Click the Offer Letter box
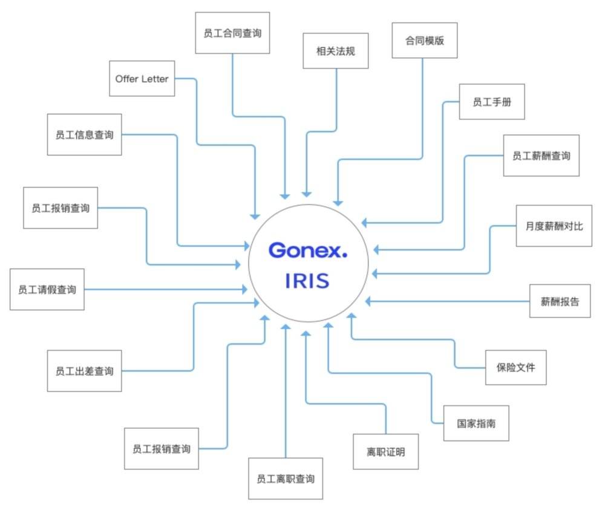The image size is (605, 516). pos(142,78)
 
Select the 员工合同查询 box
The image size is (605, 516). pos(232,33)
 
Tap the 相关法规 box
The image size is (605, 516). pos(336,51)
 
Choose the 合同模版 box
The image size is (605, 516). pos(425,41)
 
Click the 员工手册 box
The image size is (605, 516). pos(492,102)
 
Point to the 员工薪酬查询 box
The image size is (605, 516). pos(541,155)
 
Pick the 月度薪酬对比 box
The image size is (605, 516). pos(554,226)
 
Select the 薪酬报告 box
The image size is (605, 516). pos(560,301)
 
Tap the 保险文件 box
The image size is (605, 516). pos(516,368)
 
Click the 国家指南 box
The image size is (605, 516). pos(476,423)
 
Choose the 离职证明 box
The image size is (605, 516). pos(386,452)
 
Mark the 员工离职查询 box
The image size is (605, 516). pos(286,478)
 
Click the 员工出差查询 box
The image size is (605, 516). pos(85,371)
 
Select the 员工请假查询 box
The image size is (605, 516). pos(47,289)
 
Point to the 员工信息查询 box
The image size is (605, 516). pos(85,134)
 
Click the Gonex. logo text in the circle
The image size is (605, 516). pos(308,250)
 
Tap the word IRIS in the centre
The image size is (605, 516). pos(307,281)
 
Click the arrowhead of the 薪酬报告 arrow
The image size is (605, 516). pos(368,301)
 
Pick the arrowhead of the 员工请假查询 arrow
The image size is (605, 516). pos(244,289)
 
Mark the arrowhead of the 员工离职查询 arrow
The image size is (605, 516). pos(286,327)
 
